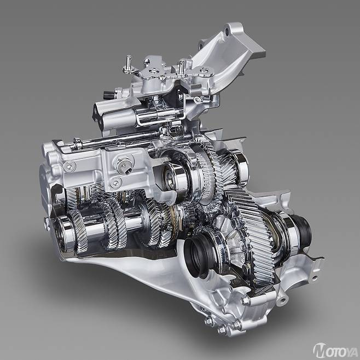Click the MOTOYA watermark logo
[335, 350]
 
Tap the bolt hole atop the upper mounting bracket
[227, 32]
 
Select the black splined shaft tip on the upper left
[108, 94]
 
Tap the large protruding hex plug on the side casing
[124, 164]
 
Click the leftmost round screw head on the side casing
[69, 166]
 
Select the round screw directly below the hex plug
[116, 183]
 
